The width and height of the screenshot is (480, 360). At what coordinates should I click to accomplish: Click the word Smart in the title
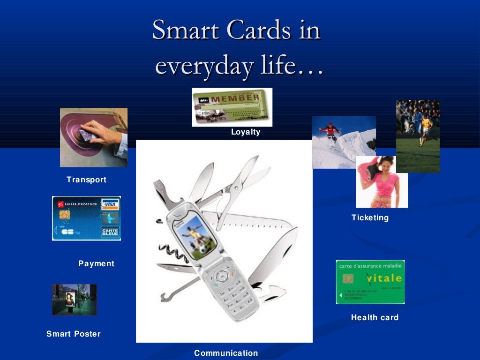coord(186,30)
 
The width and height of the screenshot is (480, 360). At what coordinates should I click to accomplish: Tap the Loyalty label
coord(245,132)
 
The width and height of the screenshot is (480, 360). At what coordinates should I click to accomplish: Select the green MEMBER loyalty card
coord(232,107)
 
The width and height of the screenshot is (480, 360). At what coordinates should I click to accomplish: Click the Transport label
coord(86,180)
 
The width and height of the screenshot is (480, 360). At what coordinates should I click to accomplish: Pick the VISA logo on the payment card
coord(110,204)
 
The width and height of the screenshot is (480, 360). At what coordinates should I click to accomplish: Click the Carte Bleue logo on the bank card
coord(110,232)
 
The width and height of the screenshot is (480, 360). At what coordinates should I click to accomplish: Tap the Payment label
coord(96,263)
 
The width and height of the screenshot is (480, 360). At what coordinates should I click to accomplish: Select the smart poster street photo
coord(74,299)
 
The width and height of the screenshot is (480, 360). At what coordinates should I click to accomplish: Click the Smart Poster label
coord(73,334)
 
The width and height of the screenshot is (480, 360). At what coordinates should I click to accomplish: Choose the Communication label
coord(226,353)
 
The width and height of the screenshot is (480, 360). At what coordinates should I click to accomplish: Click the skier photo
coord(344,142)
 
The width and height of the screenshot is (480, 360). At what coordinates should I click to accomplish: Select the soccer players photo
coord(418,136)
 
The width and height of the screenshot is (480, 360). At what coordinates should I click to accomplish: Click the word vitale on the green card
coord(384,278)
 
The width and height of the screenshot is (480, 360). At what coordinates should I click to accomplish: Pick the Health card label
coord(375,317)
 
